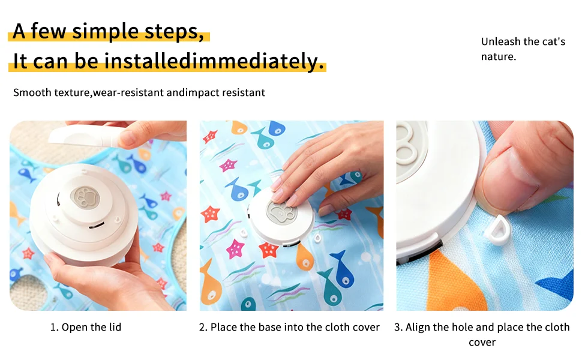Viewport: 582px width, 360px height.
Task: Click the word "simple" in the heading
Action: point(104,31)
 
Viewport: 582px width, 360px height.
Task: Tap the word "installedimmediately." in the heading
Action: point(214,61)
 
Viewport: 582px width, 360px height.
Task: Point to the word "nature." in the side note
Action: point(499,57)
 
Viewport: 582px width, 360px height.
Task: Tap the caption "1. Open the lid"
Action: point(86,327)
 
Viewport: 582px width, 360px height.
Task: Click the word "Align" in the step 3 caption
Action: point(418,327)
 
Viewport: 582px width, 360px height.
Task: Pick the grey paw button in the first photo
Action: point(85,197)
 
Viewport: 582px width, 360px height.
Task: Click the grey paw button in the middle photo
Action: point(281,212)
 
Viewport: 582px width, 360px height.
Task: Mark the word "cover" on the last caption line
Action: point(482,342)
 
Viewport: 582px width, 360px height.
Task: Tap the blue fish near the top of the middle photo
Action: point(277,128)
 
